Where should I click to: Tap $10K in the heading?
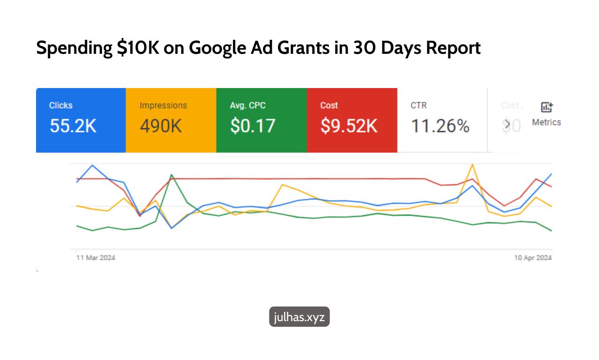(138, 48)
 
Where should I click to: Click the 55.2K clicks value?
(73, 126)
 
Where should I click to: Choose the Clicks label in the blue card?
(61, 105)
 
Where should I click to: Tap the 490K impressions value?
(161, 126)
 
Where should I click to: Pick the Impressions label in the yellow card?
(163, 105)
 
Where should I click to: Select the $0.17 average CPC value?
(253, 126)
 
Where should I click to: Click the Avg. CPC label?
(248, 105)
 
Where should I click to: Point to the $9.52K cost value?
(349, 126)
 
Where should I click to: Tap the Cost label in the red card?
(329, 105)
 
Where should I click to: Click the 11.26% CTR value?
(440, 126)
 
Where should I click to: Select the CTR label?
(418, 105)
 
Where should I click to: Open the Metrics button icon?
(547, 107)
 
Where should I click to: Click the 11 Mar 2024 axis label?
(96, 258)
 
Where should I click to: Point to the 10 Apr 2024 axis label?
(533, 258)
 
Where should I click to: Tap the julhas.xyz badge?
(299, 317)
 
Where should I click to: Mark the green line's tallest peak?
(172, 175)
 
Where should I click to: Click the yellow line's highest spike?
(473, 164)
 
